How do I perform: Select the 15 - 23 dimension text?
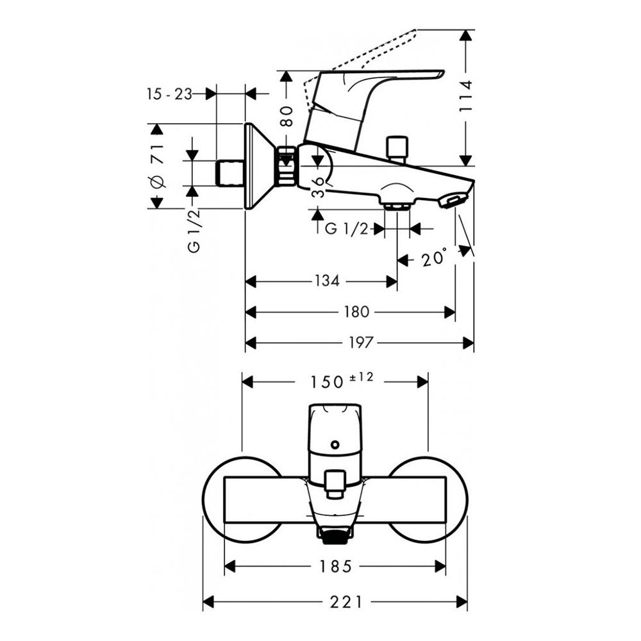(x=169, y=94)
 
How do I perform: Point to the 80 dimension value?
(x=287, y=115)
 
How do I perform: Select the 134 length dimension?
(x=327, y=281)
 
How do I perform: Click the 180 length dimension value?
(x=356, y=312)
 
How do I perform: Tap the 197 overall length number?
(x=361, y=343)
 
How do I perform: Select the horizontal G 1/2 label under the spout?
(x=347, y=229)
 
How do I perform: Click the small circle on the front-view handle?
(x=334, y=445)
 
